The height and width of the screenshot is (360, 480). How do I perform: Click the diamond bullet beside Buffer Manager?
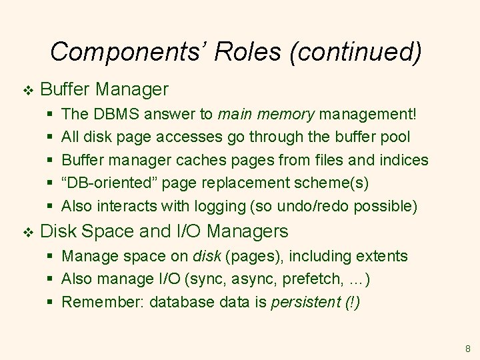27,89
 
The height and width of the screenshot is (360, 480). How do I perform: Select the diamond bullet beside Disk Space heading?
27,232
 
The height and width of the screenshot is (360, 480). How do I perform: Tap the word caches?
200,160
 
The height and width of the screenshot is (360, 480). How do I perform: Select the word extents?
383,256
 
